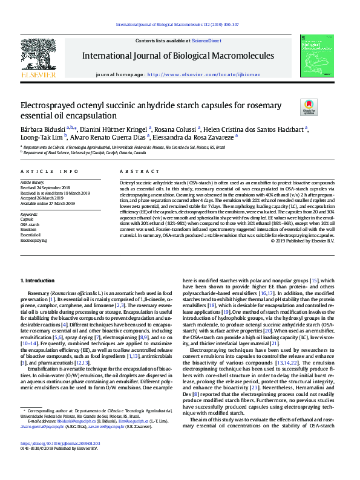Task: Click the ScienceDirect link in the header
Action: click(x=206, y=41)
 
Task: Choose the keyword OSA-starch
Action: click(x=29, y=224)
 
